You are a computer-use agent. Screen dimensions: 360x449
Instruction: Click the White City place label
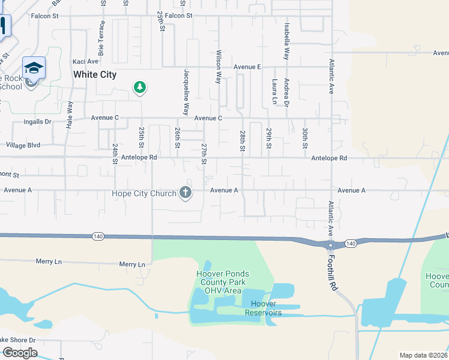(94, 75)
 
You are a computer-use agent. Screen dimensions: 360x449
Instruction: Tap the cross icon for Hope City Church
(186, 193)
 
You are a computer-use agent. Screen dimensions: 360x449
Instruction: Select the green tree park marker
(140, 88)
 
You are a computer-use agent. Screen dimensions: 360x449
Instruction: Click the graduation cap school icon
(34, 67)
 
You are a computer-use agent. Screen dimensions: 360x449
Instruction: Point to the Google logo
(20, 353)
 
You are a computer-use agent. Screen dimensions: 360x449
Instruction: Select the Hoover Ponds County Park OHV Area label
(223, 283)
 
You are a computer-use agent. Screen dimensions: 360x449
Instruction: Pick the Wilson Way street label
(218, 67)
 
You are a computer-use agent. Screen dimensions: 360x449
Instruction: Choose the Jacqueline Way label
(187, 92)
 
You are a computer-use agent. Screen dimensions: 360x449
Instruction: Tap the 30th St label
(305, 139)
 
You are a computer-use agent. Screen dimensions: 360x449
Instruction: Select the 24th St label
(114, 154)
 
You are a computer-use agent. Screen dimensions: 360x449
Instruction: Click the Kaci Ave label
(85, 61)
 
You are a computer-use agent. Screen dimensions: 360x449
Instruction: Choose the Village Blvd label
(23, 145)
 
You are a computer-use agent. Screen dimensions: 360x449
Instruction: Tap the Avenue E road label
(247, 67)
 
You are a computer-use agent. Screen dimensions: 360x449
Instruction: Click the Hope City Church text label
(144, 193)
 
